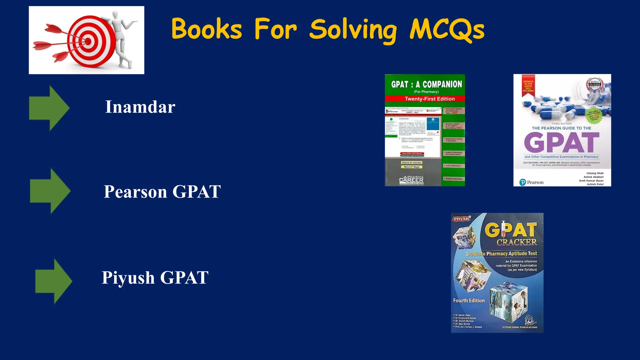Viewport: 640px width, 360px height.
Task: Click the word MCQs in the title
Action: (x=447, y=30)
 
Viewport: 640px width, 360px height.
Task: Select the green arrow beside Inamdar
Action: (x=49, y=108)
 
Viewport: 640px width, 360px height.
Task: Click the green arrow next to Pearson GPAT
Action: (x=50, y=191)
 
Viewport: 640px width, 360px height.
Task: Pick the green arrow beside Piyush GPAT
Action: (x=53, y=281)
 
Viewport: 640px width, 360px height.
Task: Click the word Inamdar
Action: (x=140, y=107)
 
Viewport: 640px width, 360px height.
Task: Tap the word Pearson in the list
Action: (x=135, y=192)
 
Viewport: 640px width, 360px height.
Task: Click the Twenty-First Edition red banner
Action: (x=429, y=99)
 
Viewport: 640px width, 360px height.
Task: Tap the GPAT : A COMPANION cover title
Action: (x=426, y=84)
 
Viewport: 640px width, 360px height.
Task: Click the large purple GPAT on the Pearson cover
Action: (x=562, y=142)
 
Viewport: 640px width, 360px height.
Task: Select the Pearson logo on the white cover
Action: (x=531, y=182)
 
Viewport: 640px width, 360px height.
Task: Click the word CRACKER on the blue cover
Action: (x=517, y=242)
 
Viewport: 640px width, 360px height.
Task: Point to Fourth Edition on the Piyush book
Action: (x=469, y=301)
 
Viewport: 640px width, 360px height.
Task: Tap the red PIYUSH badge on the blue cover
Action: (x=461, y=219)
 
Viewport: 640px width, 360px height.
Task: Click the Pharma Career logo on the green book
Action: (x=411, y=180)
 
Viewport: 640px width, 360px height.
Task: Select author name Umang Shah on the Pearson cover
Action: (x=595, y=173)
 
